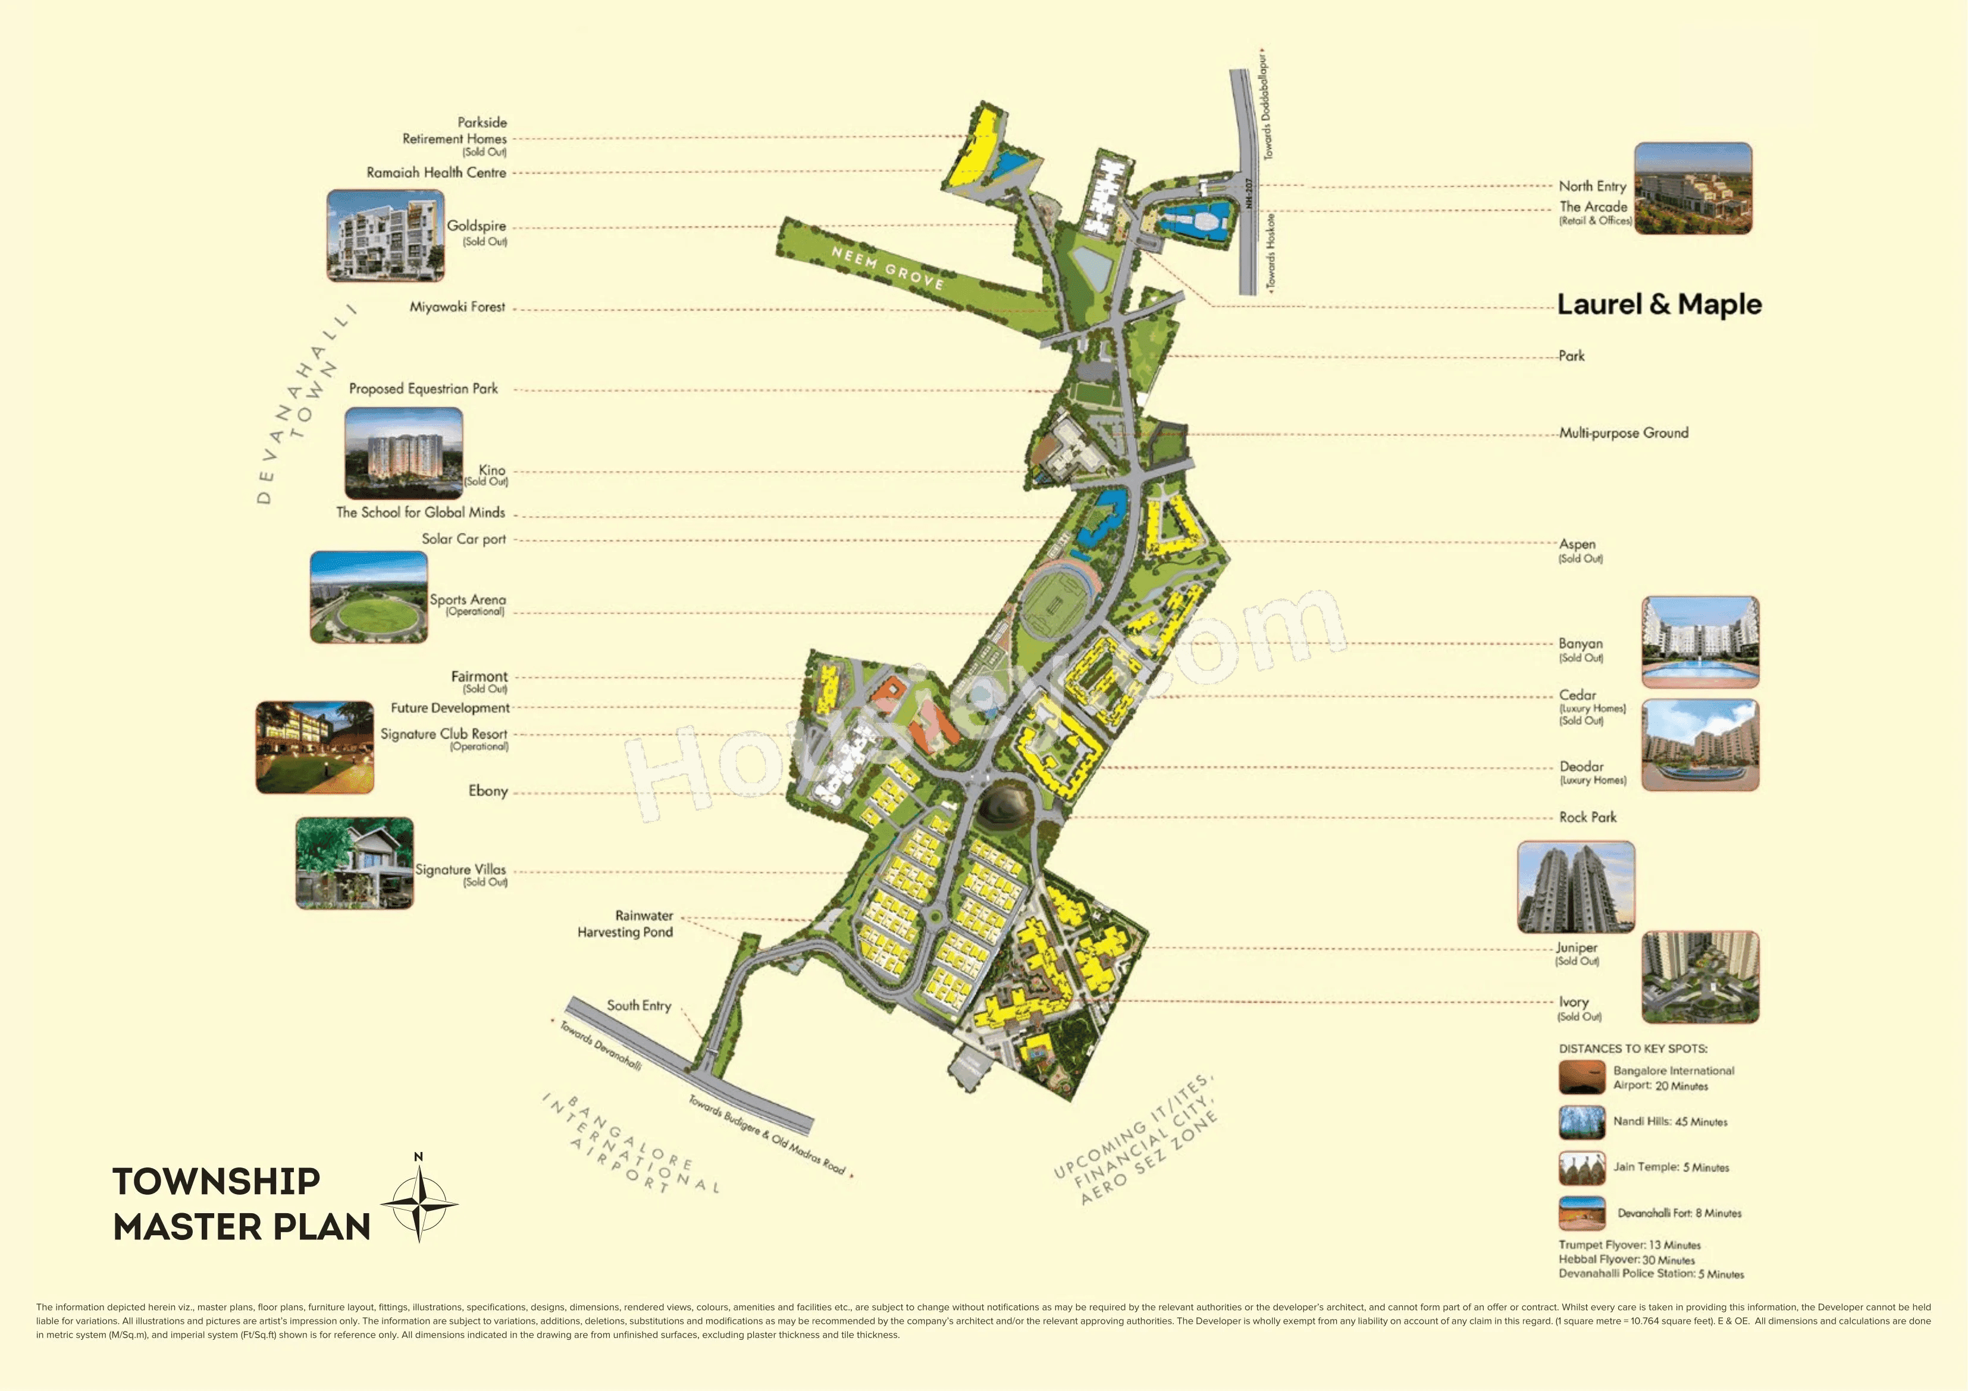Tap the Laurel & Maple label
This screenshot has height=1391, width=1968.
pos(1659,304)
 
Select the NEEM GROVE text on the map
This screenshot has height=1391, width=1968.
pos(887,266)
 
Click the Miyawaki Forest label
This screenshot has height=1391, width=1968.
pos(457,307)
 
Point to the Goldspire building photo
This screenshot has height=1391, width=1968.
pos(385,236)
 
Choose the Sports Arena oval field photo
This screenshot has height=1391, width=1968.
pos(369,597)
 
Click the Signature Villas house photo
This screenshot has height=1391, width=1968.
pos(354,863)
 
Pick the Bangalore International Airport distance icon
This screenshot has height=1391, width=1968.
pos(1581,1078)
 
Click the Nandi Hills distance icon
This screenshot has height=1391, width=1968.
pos(1581,1122)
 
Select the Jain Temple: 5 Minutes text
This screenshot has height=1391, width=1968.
pos(1671,1167)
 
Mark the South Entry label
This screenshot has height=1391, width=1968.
pos(638,1005)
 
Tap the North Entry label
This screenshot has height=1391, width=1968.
pos(1592,186)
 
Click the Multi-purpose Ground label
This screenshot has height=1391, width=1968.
pos(1624,433)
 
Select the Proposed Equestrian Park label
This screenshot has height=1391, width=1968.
pos(424,388)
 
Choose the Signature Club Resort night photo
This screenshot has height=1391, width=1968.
pos(315,748)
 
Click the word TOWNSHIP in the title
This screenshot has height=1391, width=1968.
pos(216,1181)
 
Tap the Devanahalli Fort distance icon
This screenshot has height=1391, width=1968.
pos(1581,1213)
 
